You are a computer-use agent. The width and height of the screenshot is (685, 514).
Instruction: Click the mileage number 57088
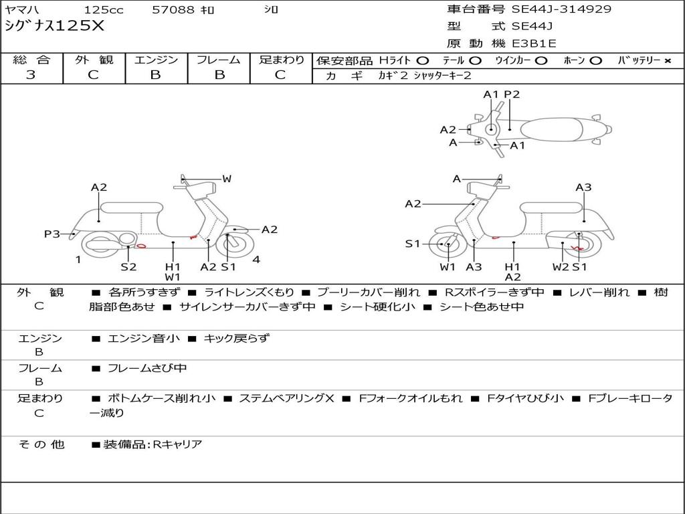173,10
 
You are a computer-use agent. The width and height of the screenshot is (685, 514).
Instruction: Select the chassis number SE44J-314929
561,9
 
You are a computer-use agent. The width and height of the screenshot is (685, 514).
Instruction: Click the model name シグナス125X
54,26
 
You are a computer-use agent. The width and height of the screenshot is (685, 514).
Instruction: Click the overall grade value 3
31,74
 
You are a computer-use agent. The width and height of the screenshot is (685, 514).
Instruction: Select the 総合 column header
31,60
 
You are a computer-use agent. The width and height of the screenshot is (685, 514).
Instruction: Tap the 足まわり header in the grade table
281,60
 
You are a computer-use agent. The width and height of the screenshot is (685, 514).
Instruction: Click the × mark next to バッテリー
668,60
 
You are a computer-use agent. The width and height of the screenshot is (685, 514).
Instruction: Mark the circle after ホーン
595,60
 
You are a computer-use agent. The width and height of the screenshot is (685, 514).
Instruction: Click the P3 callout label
52,234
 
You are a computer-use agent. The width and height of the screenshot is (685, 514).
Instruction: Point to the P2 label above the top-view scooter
512,94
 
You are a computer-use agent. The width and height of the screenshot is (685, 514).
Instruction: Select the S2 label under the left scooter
128,266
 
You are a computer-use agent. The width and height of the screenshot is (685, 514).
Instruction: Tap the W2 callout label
561,266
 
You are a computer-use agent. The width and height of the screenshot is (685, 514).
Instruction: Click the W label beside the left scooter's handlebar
227,179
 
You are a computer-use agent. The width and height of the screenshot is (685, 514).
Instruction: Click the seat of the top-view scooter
553,128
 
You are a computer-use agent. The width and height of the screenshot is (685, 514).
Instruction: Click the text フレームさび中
147,368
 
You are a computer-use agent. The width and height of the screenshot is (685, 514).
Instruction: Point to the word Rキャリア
177,444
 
